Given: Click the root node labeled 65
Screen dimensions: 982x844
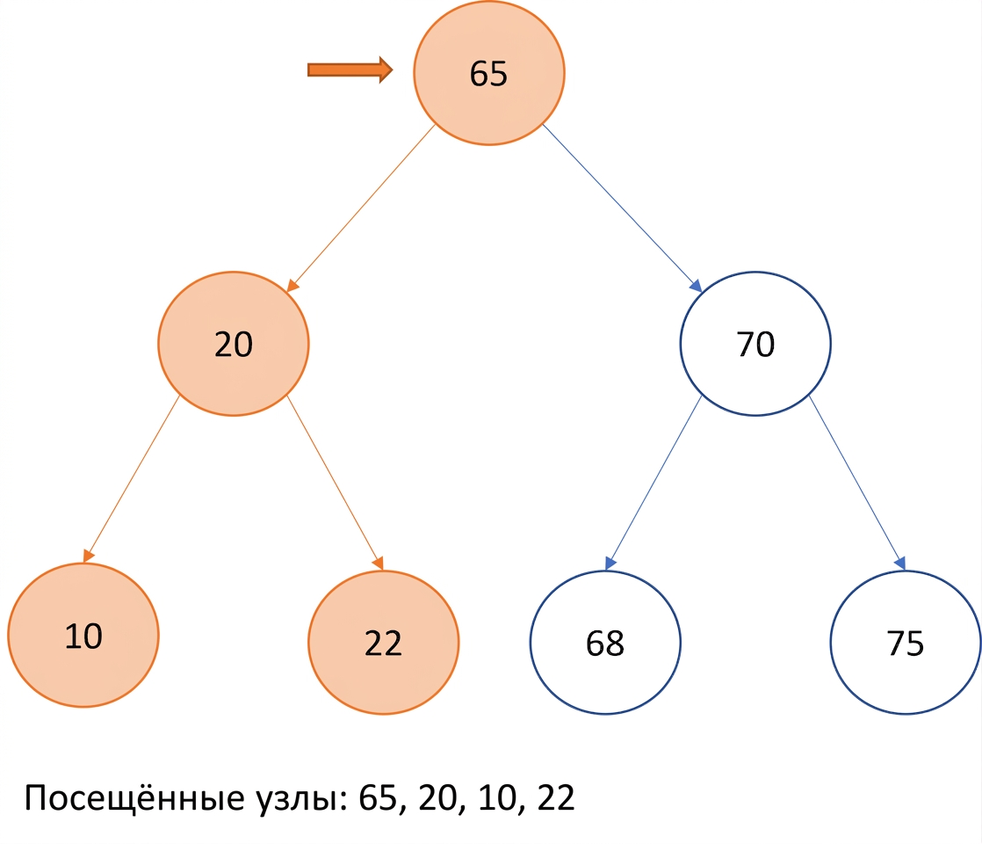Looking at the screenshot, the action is [489, 73].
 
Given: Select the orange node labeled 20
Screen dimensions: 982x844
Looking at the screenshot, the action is [234, 344].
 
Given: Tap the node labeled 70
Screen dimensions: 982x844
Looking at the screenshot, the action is [755, 344].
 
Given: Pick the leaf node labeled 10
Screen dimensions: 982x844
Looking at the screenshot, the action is [83, 635].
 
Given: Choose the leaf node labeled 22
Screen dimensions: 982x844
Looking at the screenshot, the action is [383, 642].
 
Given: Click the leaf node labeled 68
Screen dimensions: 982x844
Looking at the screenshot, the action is [605, 642].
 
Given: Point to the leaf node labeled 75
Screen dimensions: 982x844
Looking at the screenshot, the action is [906, 642].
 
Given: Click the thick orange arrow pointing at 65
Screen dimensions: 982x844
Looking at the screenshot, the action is [350, 69].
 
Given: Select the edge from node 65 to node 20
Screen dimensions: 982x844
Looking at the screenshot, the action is [361, 208].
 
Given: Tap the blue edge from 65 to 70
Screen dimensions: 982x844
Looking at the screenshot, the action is [622, 208].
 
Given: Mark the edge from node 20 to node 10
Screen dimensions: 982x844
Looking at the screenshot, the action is [132, 479].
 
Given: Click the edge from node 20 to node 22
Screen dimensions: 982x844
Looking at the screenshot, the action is [335, 483].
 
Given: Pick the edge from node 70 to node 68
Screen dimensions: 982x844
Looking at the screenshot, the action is [653, 483].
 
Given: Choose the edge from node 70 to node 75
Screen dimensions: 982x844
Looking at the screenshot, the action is [857, 483].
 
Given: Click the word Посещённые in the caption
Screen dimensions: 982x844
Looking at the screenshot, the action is [134, 798].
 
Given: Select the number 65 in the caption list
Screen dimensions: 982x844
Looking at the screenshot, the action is [379, 798].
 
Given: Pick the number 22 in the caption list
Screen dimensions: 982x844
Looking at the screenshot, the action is [556, 798].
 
